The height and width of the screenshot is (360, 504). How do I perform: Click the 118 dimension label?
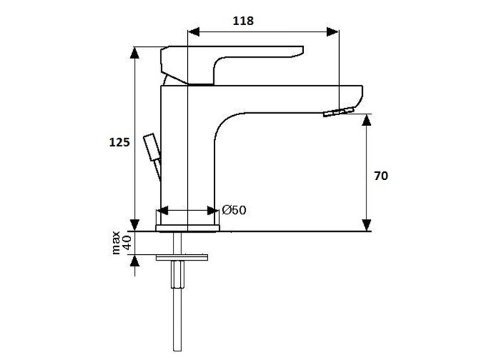point(243,21)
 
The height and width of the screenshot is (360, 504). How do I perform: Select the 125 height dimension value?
point(120,142)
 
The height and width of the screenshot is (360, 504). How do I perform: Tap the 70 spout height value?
point(381,176)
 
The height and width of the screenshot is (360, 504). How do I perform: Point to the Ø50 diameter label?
point(234,210)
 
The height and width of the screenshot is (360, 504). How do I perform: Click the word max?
point(115,243)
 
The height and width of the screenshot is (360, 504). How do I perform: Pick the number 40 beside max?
point(127,243)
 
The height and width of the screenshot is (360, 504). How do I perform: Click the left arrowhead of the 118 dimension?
point(194,32)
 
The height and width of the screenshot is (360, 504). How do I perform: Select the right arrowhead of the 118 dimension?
point(333,32)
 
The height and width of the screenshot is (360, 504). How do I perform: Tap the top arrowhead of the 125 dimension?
point(135,53)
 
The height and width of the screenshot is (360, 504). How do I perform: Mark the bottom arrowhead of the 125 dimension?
point(135,225)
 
